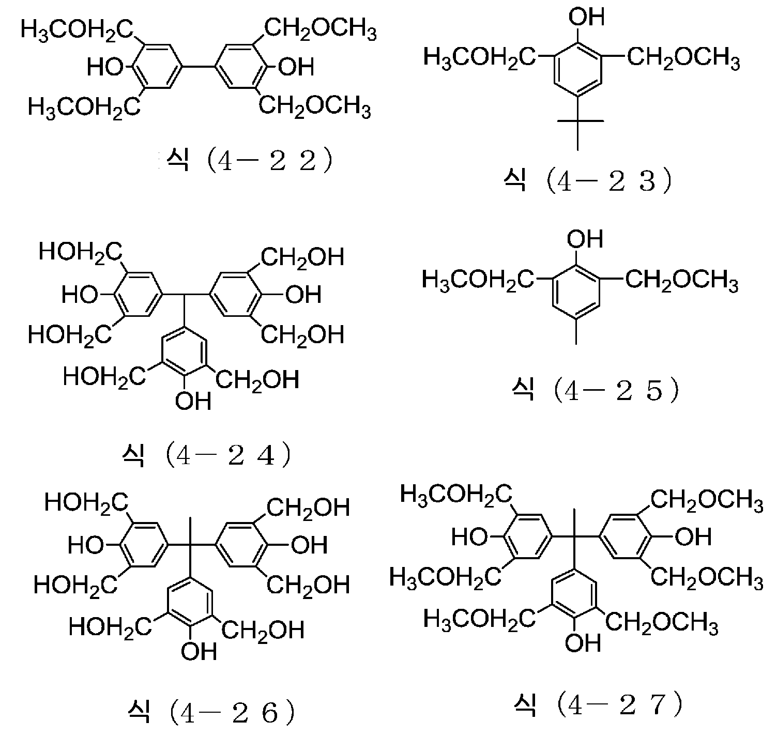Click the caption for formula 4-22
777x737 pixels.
249,161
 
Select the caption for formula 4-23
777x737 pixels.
588,181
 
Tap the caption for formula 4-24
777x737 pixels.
206,456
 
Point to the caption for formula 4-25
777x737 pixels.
595,391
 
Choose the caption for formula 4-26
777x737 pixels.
210,713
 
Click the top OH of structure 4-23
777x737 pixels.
587,18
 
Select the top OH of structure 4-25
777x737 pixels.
585,239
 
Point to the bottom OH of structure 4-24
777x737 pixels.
193,401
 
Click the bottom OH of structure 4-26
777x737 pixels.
199,651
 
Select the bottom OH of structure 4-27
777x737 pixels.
583,643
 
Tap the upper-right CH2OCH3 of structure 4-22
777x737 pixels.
320,29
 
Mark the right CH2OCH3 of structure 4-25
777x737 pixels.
682,281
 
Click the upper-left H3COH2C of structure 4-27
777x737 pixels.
456,496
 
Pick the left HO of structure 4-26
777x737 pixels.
86,545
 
